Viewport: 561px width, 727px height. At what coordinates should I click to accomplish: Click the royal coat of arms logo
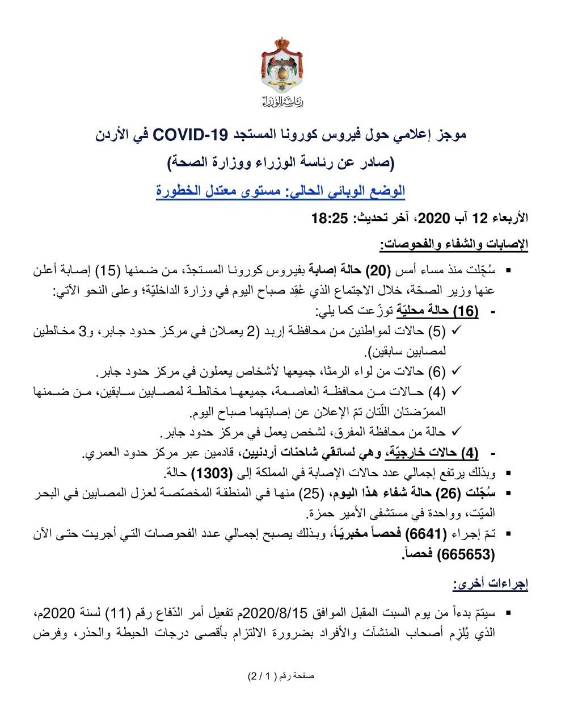pyautogui.click(x=281, y=66)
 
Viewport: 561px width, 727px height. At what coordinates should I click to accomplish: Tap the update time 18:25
pyautogui.click(x=329, y=219)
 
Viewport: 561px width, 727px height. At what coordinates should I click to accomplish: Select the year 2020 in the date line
pyautogui.click(x=434, y=219)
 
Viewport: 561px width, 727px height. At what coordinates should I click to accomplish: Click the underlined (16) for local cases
pyautogui.click(x=469, y=311)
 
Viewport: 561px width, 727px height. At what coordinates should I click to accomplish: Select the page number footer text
pyautogui.click(x=281, y=676)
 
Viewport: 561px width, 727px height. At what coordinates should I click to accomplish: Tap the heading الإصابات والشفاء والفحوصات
pyautogui.click(x=454, y=245)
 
